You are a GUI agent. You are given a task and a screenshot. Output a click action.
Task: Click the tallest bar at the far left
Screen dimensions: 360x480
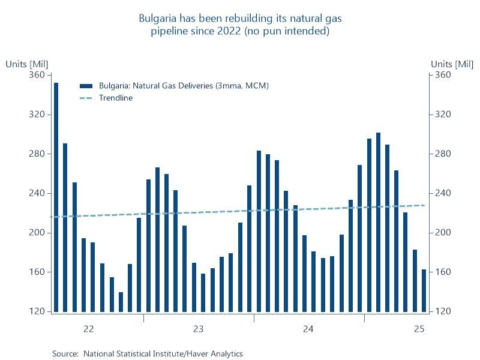(x=56, y=198)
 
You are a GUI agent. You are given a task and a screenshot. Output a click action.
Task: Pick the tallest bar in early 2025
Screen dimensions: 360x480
(x=378, y=222)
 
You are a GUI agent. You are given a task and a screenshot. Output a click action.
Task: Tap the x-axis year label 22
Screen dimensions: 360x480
(x=88, y=329)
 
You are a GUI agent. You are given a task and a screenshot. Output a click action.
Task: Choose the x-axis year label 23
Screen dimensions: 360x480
(x=198, y=329)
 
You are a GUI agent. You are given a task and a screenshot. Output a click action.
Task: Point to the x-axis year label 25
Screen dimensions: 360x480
(x=419, y=329)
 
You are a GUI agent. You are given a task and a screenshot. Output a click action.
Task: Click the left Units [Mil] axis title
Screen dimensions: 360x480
(x=26, y=64)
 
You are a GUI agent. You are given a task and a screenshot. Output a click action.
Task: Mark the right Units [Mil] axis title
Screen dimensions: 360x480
(x=452, y=64)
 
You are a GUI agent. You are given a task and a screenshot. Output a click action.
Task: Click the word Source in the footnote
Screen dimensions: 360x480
(x=65, y=354)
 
